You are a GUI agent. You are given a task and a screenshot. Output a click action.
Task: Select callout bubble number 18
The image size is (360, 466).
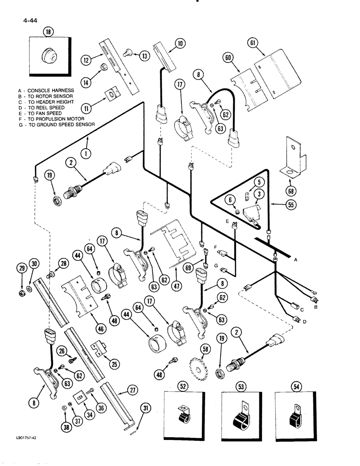point(48,32)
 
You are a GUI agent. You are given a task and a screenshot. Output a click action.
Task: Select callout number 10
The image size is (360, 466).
point(180,44)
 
